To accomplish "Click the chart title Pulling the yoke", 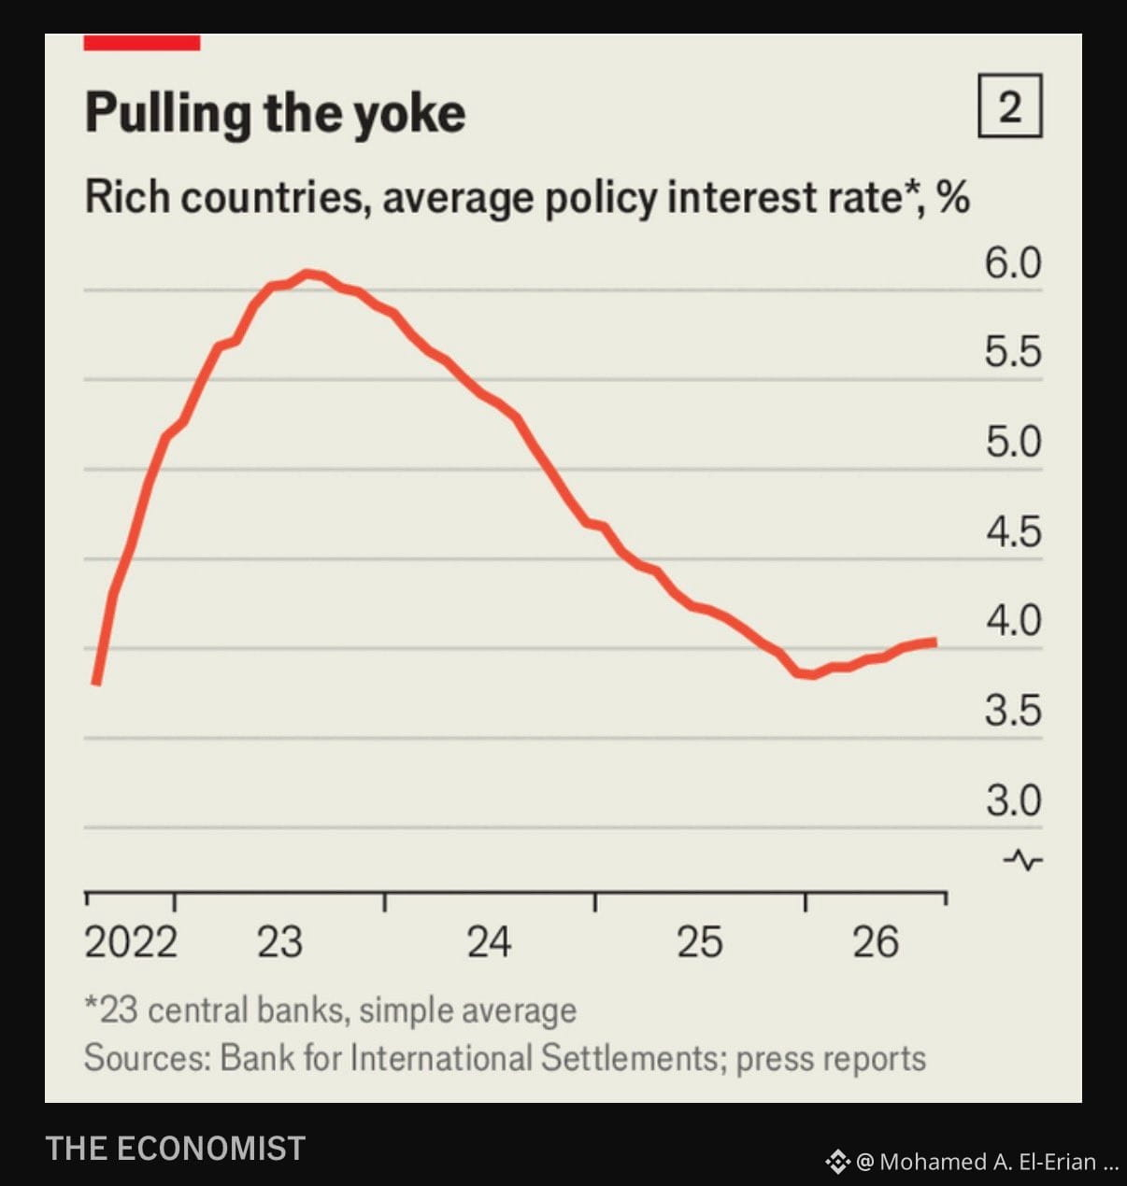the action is pyautogui.click(x=276, y=113).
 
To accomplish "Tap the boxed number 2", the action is pyautogui.click(x=1010, y=106).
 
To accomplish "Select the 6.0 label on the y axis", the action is pyautogui.click(x=1013, y=263).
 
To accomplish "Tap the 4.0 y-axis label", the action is pyautogui.click(x=1014, y=620).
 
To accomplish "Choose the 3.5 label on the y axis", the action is pyautogui.click(x=1013, y=710).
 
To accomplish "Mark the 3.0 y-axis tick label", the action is pyautogui.click(x=1014, y=800).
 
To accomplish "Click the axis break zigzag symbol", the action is pyautogui.click(x=1022, y=860).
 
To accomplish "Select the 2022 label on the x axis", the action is pyautogui.click(x=131, y=941).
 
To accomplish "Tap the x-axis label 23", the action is pyautogui.click(x=279, y=941).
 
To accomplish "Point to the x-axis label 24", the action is pyautogui.click(x=489, y=941).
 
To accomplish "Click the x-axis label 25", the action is pyautogui.click(x=699, y=941).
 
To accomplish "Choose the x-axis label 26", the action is pyautogui.click(x=876, y=941).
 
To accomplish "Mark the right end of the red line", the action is pyautogui.click(x=935, y=642).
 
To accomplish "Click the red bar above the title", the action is pyautogui.click(x=142, y=43).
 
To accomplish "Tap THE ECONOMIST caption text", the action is pyautogui.click(x=175, y=1148).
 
